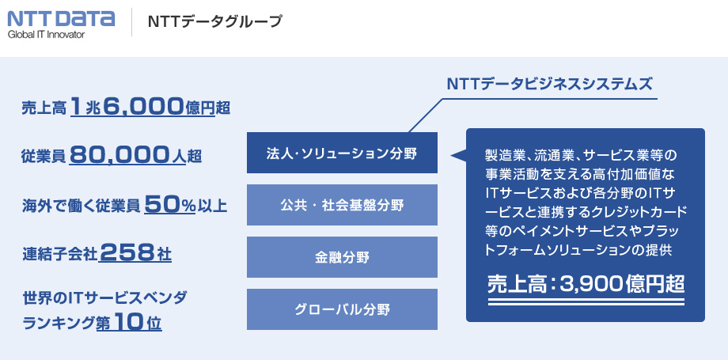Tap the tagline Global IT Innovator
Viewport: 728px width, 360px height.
[47, 34]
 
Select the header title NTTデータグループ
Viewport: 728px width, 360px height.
[215, 21]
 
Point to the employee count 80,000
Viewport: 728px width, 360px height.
[118, 156]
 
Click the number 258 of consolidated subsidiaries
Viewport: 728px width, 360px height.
[127, 253]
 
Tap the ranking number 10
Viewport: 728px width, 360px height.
[126, 322]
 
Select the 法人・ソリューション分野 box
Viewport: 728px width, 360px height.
[342, 153]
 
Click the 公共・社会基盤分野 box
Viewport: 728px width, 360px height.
[342, 205]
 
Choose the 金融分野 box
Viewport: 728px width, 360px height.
[342, 257]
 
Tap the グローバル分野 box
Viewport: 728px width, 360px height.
[342, 309]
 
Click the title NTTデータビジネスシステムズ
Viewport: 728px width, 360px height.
[549, 84]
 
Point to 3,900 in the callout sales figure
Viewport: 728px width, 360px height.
[589, 284]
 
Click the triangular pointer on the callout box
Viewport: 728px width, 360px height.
[459, 156]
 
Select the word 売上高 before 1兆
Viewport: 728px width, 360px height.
[44, 108]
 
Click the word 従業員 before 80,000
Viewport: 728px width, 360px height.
[44, 157]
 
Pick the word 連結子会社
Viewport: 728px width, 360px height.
[59, 255]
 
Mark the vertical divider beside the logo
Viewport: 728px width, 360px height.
[131, 22]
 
